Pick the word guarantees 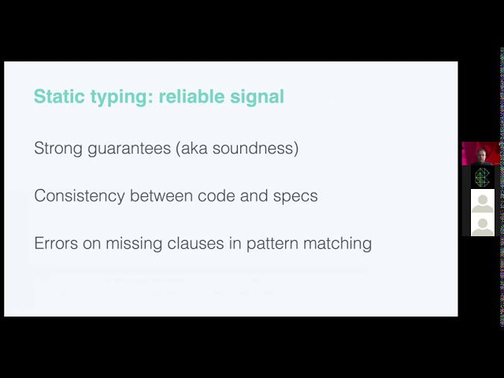(129, 149)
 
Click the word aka (191, 148)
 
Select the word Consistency (80, 196)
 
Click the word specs (295, 197)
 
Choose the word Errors (56, 243)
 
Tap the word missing (134, 243)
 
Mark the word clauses (195, 243)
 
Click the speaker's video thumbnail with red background (481, 154)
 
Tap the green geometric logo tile (482, 177)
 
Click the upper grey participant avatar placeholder (483, 201)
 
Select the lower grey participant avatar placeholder (483, 224)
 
